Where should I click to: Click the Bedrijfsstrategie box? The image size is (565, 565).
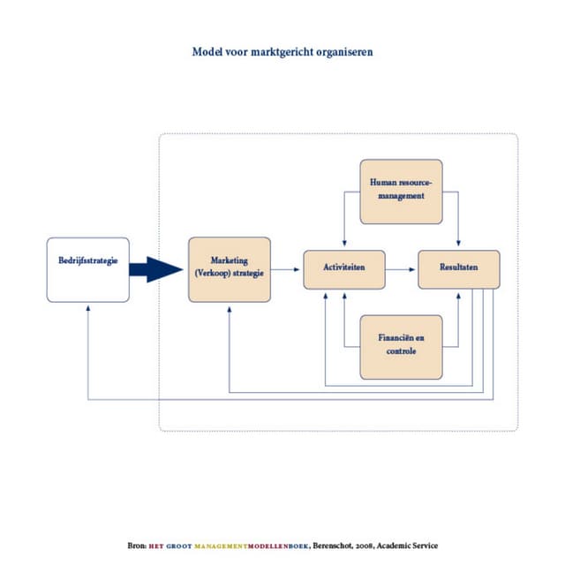pyautogui.click(x=87, y=269)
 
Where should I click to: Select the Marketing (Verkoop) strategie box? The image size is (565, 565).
pyautogui.click(x=230, y=269)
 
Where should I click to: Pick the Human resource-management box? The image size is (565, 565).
pyautogui.click(x=401, y=191)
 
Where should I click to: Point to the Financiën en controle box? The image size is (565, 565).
pyautogui.click(x=401, y=346)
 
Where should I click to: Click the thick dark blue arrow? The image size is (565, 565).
pyautogui.click(x=157, y=269)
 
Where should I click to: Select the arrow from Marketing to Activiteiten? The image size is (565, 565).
pyautogui.click(x=286, y=269)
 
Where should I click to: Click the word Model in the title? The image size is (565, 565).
pyautogui.click(x=207, y=51)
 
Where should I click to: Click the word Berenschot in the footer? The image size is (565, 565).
pyautogui.click(x=335, y=546)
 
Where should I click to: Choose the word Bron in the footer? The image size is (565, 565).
pyautogui.click(x=137, y=546)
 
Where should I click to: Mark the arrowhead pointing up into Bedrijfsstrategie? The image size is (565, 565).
pyautogui.click(x=87, y=307)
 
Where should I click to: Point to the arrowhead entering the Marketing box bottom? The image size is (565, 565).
pyautogui.click(x=229, y=307)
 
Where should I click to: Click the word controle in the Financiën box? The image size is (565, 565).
pyautogui.click(x=401, y=351)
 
